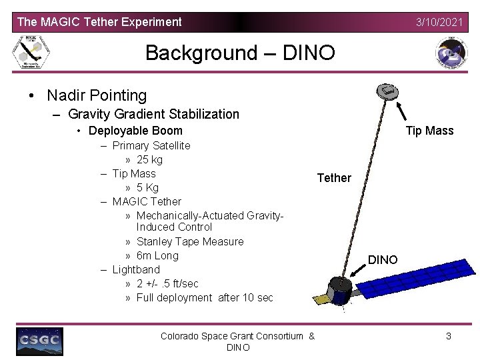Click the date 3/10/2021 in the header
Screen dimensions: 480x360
coord(439,22)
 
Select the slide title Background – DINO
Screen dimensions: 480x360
coord(240,53)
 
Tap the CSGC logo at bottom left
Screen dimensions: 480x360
coord(39,341)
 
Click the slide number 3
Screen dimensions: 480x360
coord(449,337)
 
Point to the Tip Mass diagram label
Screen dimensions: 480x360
coord(429,131)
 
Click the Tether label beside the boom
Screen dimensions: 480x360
coord(333,178)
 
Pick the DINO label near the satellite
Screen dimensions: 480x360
coord(383,259)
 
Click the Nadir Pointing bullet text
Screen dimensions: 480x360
coord(97,96)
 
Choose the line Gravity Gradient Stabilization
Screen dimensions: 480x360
coord(153,114)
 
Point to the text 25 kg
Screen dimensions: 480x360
coord(149,160)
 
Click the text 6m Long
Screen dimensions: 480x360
coord(157,256)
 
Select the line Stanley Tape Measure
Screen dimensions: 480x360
coord(190,242)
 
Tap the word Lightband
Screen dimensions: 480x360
coord(136,270)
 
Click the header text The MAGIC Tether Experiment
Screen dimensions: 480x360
coord(99,22)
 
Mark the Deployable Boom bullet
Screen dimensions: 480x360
coord(135,131)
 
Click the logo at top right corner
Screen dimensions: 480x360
coord(451,53)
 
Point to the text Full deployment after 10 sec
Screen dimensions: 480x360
coord(205,298)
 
